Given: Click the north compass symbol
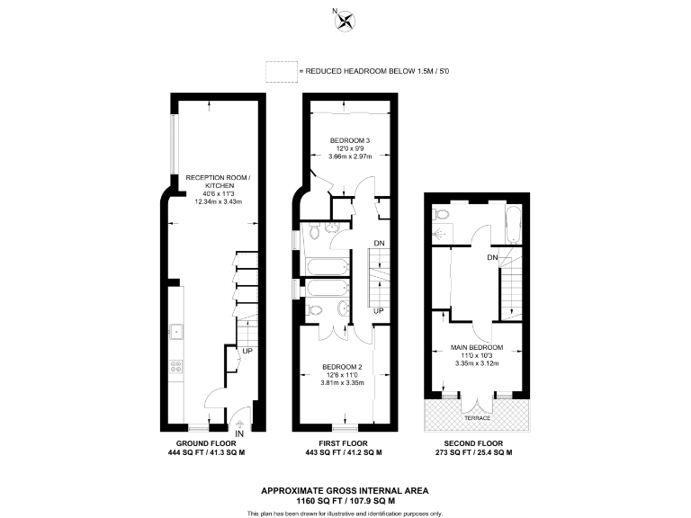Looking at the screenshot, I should (344, 21).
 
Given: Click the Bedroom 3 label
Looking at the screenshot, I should (350, 141).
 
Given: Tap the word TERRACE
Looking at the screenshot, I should (477, 418).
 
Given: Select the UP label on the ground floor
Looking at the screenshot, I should (246, 350).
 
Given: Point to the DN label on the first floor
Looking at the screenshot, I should (380, 243).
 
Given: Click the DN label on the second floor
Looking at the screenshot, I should (492, 259).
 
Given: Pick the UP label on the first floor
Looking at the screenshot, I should (380, 311).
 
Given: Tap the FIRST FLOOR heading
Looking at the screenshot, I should (345, 443).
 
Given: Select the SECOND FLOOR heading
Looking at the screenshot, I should (477, 443).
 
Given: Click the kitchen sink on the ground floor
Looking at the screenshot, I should (176, 331).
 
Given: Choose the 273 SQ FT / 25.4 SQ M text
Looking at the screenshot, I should (477, 452).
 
